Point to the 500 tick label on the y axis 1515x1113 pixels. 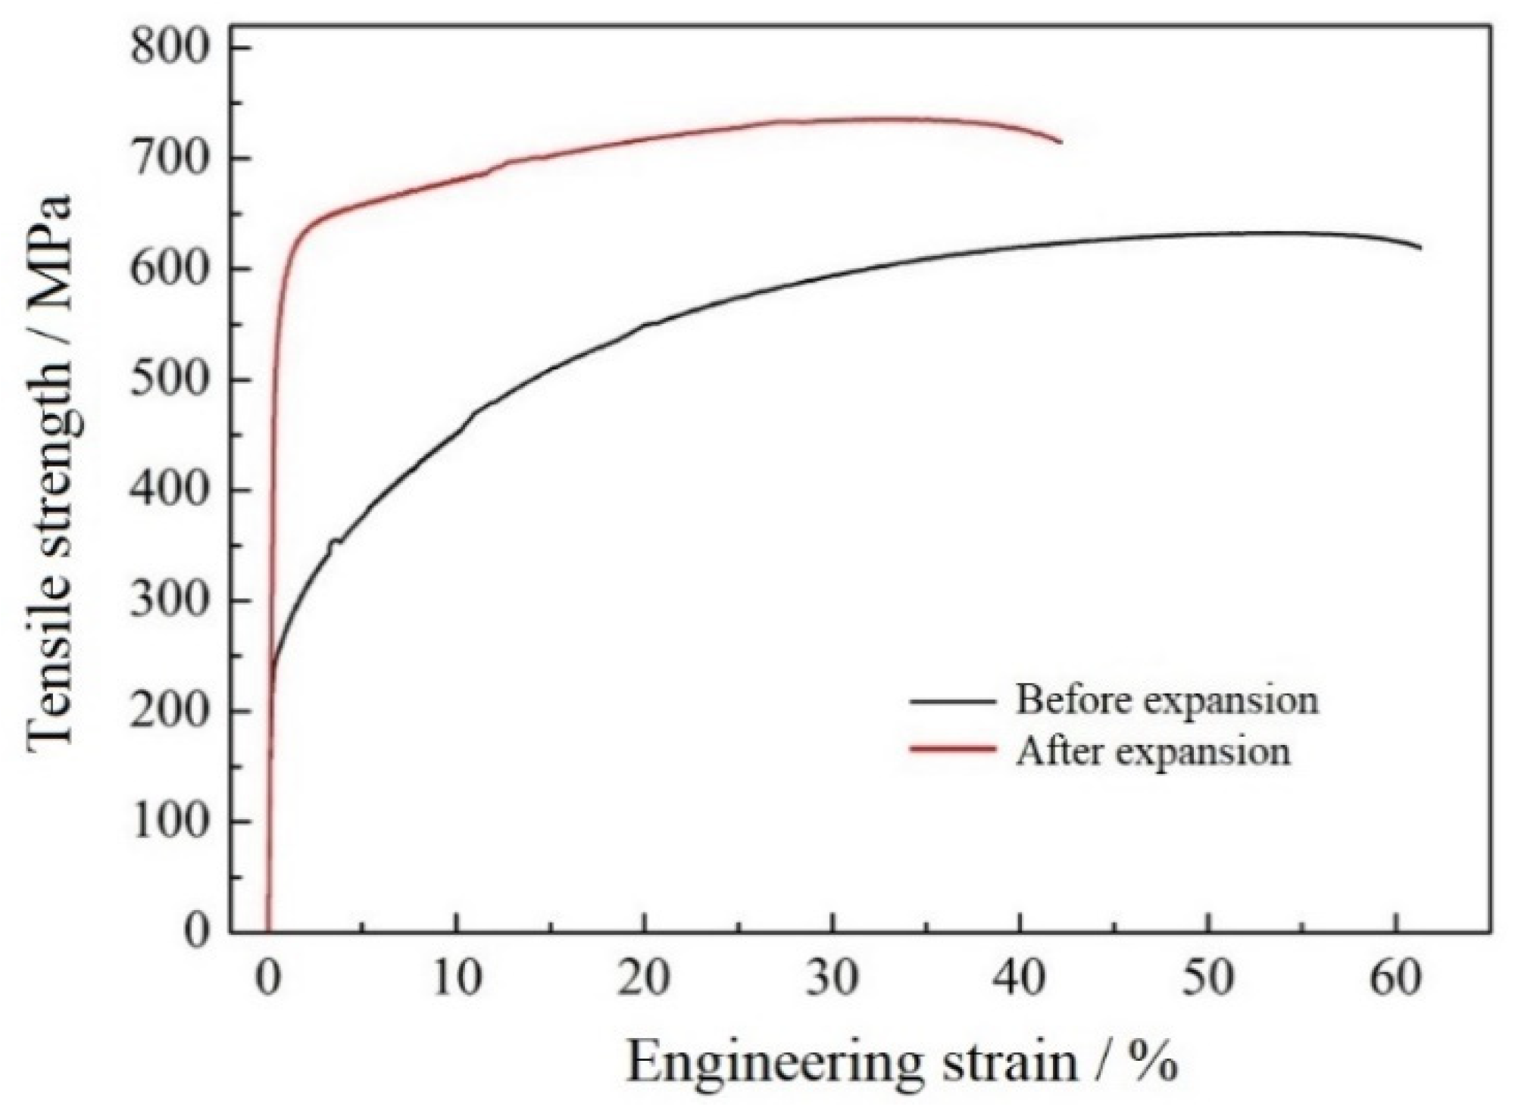[x=168, y=380]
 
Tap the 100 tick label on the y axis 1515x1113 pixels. [x=168, y=821]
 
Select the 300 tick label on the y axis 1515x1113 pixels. [x=168, y=601]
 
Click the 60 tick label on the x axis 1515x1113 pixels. [x=1396, y=979]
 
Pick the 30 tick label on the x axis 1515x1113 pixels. [x=832, y=979]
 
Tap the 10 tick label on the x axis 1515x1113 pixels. [x=458, y=979]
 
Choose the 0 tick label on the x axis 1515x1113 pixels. [x=268, y=979]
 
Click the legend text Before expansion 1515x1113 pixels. [x=1167, y=700]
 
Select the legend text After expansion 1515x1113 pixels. [x=1153, y=751]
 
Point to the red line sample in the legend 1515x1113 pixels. [x=952, y=749]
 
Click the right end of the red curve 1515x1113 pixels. [x=1060, y=142]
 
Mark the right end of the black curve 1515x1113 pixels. [x=1420, y=248]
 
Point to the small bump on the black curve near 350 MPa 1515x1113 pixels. [x=334, y=541]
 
